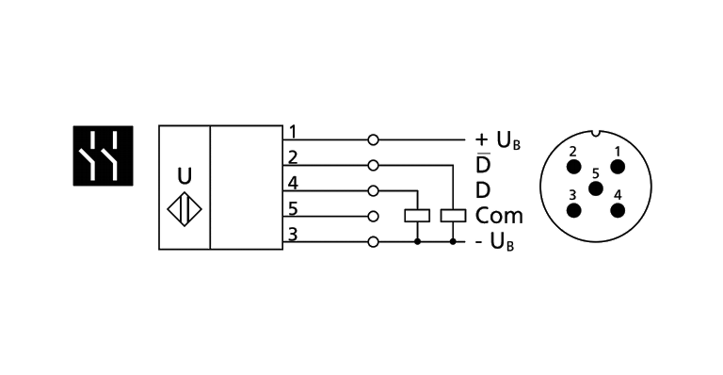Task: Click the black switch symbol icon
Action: pyautogui.click(x=104, y=155)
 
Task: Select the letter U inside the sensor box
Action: pyautogui.click(x=185, y=176)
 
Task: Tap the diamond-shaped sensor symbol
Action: pyautogui.click(x=185, y=209)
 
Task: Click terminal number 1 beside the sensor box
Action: pyautogui.click(x=293, y=132)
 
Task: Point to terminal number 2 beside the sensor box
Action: pyautogui.click(x=293, y=157)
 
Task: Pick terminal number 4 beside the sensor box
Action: pyautogui.click(x=293, y=184)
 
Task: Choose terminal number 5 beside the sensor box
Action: pyautogui.click(x=293, y=209)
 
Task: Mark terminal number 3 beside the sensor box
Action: pyautogui.click(x=293, y=235)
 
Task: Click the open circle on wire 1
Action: pyautogui.click(x=373, y=139)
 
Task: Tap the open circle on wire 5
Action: pyautogui.click(x=373, y=217)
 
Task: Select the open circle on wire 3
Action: pyautogui.click(x=373, y=242)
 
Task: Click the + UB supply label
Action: pyautogui.click(x=498, y=140)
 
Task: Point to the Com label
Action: pyautogui.click(x=499, y=216)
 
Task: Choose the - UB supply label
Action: pyautogui.click(x=495, y=242)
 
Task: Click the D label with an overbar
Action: pyautogui.click(x=483, y=163)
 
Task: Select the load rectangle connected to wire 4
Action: pyautogui.click(x=417, y=216)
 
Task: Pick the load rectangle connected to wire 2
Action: pyautogui.click(x=453, y=216)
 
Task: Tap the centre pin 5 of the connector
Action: pyautogui.click(x=596, y=188)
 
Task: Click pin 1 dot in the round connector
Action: pyautogui.click(x=618, y=167)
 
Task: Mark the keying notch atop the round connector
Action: pyautogui.click(x=596, y=133)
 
